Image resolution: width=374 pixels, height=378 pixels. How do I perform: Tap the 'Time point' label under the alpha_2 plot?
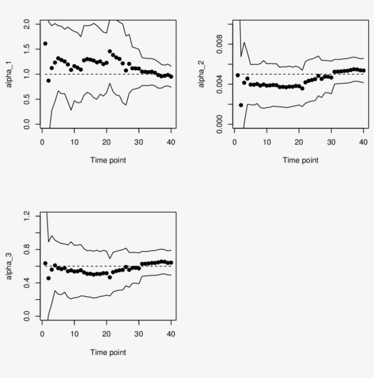(x=300, y=160)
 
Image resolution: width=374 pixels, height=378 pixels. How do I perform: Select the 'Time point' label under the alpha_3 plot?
(x=108, y=352)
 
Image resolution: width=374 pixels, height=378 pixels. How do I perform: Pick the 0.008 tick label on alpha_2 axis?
(x=219, y=44)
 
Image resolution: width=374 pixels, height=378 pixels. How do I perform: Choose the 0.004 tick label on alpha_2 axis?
(x=219, y=84)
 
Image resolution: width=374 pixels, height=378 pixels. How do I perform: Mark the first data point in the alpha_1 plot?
(x=45, y=44)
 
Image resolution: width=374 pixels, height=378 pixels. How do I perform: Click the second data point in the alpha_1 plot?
(x=48, y=81)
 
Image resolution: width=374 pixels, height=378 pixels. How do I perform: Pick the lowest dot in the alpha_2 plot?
(x=241, y=105)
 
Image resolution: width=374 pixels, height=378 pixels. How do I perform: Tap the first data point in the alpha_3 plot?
(x=45, y=263)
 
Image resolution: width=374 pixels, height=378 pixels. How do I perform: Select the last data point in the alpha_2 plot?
(x=364, y=70)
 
